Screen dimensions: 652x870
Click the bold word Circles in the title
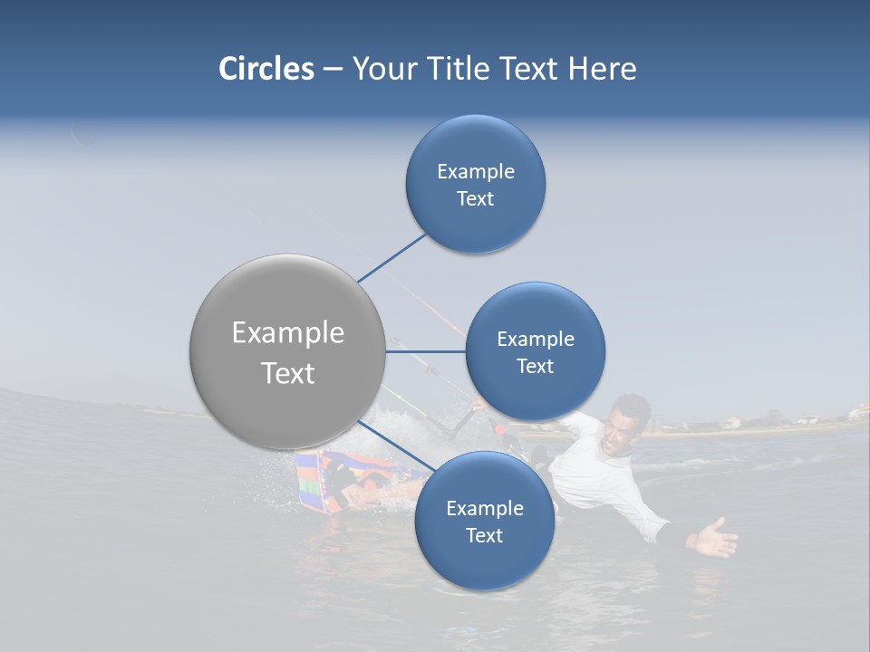[266, 69]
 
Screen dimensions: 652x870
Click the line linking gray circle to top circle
[393, 257]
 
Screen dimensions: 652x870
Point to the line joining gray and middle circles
[426, 351]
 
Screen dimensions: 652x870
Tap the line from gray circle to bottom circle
[396, 446]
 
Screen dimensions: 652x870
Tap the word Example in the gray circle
[288, 333]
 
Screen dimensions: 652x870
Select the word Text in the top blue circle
[475, 198]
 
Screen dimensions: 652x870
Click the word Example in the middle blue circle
[535, 340]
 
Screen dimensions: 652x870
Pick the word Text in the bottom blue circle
[484, 535]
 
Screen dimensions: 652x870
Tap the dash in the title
[332, 69]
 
